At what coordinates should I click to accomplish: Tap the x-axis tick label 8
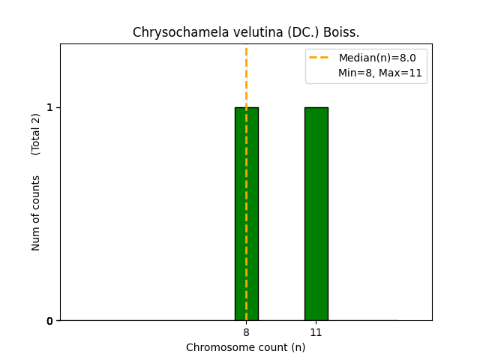coord(246,332)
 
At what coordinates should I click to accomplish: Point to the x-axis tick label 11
coord(316,332)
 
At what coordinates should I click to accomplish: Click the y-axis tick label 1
coord(50,107)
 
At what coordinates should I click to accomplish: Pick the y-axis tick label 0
coord(50,321)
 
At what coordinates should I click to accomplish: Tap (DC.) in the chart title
coord(277,32)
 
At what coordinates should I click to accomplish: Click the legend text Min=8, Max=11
coord(379,73)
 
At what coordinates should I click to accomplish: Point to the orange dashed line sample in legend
coord(319,58)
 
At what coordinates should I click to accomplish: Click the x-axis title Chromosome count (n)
coord(246,347)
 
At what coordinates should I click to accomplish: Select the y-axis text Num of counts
coord(36,213)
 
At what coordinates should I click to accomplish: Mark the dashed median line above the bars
coord(246,75)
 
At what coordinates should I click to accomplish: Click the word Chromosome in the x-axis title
coord(217,347)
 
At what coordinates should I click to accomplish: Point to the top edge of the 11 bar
coord(316,107)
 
